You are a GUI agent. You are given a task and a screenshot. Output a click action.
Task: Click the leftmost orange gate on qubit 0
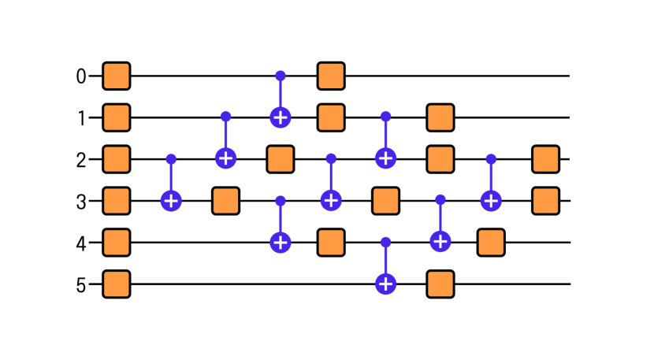click(117, 76)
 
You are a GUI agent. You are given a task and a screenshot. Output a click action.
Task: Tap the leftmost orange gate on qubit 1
click(117, 118)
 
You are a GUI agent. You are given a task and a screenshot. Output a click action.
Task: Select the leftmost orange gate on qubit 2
click(117, 159)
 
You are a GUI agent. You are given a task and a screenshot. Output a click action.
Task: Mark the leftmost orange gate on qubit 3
click(117, 200)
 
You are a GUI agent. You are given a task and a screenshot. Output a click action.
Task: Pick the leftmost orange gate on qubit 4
click(117, 242)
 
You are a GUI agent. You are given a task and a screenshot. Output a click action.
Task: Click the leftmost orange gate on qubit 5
click(117, 283)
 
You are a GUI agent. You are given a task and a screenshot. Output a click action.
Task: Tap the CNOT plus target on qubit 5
click(385, 283)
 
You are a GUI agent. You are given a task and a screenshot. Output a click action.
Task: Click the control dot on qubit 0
click(279, 76)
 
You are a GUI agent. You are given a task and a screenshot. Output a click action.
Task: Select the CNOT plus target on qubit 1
click(279, 118)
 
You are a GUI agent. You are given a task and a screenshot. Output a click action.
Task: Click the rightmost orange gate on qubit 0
click(331, 76)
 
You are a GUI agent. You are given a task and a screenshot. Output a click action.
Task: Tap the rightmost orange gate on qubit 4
click(491, 242)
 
